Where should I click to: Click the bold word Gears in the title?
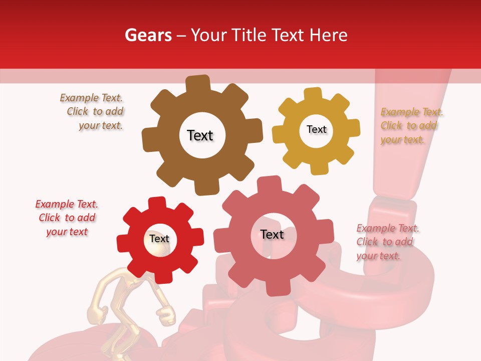point(148,35)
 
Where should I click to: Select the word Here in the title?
point(328,35)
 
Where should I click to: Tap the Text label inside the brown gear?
point(200,135)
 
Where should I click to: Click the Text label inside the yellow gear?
point(316,129)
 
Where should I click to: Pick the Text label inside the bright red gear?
point(159,239)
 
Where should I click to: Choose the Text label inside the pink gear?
point(272,234)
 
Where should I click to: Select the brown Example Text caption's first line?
point(91,98)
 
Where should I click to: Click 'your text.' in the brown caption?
point(101,125)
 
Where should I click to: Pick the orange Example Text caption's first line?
point(412,112)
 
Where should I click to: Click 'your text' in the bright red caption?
point(67,232)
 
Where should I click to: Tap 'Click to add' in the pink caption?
point(385,242)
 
